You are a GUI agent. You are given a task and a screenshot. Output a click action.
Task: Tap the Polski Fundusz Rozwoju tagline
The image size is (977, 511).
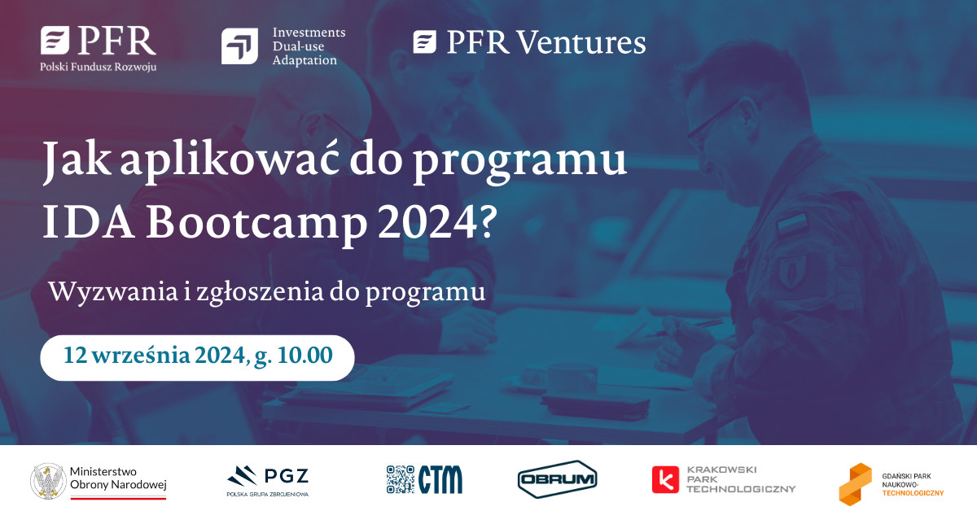click(x=99, y=67)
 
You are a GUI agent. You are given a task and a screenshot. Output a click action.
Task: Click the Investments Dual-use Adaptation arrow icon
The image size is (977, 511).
click(x=239, y=46)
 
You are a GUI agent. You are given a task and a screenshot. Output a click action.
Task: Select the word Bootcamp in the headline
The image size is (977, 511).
click(x=256, y=223)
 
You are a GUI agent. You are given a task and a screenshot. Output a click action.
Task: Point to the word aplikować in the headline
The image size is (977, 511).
click(x=230, y=160)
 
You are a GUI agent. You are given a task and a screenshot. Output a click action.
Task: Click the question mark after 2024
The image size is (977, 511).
click(x=488, y=221)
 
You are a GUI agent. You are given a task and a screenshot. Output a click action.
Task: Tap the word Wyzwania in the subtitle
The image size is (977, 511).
click(x=113, y=291)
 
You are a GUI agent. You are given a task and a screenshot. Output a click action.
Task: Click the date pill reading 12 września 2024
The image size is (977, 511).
click(x=197, y=357)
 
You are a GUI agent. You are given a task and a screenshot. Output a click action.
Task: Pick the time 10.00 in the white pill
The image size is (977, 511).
click(x=304, y=355)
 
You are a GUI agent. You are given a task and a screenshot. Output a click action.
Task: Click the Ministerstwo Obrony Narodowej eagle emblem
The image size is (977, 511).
click(x=48, y=481)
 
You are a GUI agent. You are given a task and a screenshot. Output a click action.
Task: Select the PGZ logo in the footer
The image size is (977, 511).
click(x=268, y=480)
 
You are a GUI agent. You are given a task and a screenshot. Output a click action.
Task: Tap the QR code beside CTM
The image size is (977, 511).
click(x=401, y=479)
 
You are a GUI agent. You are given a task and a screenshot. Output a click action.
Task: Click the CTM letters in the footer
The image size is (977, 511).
click(x=440, y=479)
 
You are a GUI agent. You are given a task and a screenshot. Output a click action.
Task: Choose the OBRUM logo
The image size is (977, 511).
click(x=557, y=479)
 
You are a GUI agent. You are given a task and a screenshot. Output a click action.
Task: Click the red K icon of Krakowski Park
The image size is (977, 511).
click(x=665, y=479)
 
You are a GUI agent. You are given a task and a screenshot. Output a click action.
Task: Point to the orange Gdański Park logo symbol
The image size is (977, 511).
click(x=856, y=484)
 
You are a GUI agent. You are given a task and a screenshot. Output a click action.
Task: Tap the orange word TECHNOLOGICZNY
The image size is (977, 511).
click(x=913, y=493)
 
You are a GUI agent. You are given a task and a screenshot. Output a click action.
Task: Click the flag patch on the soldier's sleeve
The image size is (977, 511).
click(x=791, y=225)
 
